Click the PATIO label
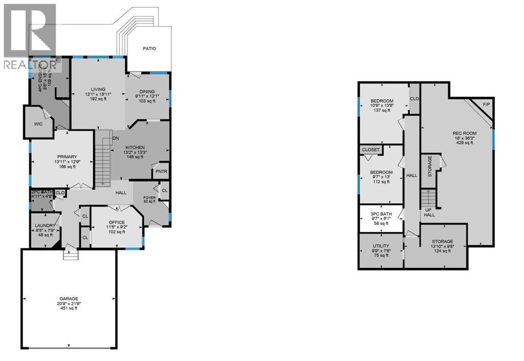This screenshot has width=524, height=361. point(149,49)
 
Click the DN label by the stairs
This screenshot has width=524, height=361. point(116,138)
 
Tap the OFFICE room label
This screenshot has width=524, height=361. point(116,222)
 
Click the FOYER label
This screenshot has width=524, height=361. point(149,197)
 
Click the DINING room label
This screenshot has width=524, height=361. point(147,91)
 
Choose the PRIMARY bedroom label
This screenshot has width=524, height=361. point(67,157)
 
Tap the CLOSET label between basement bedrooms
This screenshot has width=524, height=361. point(371,150)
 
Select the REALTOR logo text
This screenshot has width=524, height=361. point(29,65)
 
